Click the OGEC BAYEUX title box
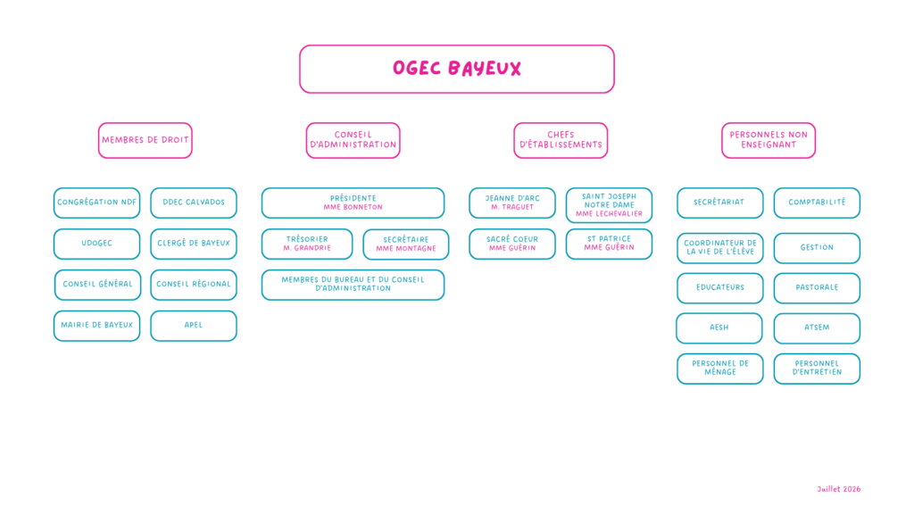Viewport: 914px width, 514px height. [457, 69]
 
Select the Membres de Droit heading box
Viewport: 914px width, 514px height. [145, 140]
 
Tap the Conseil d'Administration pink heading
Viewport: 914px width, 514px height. [353, 140]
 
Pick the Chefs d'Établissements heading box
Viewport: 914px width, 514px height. [561, 140]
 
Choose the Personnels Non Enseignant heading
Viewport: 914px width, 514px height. [769, 140]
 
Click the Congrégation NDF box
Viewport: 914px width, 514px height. [96, 203]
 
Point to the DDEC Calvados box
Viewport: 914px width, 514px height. [194, 203]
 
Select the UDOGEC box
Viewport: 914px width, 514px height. [96, 244]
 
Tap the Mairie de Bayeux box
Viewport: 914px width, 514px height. [96, 325]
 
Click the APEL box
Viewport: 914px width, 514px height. [194, 325]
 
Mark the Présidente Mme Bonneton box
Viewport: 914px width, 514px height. [353, 203]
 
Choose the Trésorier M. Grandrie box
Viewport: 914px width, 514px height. [307, 244]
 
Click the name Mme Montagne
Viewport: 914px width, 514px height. [406, 249]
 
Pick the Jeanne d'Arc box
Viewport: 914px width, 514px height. [512, 203]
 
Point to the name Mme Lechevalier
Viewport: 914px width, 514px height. [609, 214]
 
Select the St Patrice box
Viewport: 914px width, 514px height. [609, 244]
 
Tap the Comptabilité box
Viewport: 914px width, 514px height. [818, 203]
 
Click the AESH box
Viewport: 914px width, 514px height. [719, 328]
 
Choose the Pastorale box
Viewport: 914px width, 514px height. [818, 288]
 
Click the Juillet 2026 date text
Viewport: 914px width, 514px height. [839, 489]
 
